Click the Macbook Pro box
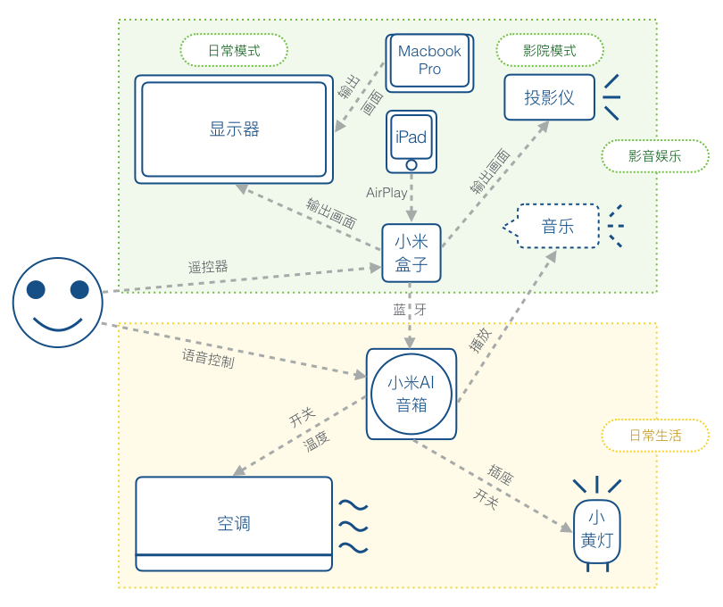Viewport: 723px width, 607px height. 429,62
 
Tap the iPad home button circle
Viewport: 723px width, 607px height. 411,164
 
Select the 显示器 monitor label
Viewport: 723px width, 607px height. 234,129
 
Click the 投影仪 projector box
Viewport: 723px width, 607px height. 549,97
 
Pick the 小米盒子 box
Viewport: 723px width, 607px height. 411,253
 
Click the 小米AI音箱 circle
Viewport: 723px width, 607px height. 411,394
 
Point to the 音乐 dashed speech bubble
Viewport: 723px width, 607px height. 552,226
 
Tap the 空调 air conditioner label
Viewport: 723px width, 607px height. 234,523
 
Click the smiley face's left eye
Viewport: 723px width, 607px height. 36,289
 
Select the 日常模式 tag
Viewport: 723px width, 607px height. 234,50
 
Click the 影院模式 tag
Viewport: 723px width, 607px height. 550,50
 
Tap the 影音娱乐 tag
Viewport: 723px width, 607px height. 655,156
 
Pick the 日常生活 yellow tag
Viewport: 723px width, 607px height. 655,436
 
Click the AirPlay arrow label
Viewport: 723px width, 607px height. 386,192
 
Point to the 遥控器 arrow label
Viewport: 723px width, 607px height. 208,267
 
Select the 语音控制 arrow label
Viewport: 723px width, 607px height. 208,358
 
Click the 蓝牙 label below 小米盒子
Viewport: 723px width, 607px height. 410,309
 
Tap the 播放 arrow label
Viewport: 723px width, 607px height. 480,340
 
